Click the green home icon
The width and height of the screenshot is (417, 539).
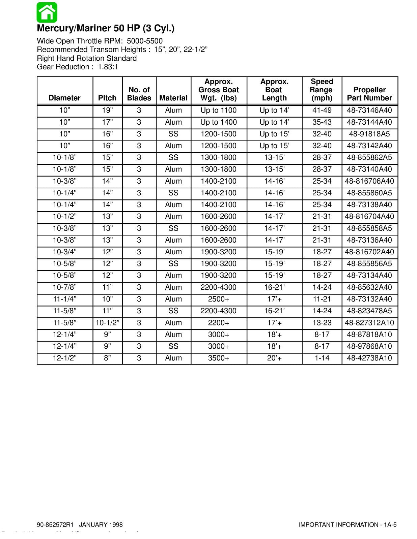click(x=47, y=12)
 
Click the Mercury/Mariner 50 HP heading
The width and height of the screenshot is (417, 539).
click(x=106, y=28)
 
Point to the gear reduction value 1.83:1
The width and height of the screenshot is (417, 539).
click(x=108, y=67)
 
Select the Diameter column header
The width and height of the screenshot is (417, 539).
click(x=64, y=98)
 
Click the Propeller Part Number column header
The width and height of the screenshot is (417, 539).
click(x=369, y=94)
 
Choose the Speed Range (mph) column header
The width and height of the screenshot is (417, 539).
click(x=322, y=90)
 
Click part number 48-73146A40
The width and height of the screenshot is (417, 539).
click(x=369, y=110)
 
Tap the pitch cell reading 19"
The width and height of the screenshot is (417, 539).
click(x=107, y=110)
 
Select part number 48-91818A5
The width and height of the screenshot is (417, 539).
click(x=369, y=134)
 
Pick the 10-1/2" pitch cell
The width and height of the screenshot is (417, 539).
click(x=107, y=323)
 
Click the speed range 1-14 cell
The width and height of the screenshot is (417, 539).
click(x=322, y=358)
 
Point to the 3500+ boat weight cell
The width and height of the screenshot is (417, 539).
click(x=219, y=358)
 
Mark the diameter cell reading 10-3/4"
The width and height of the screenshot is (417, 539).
click(x=64, y=252)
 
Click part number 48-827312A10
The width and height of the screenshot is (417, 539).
click(x=369, y=323)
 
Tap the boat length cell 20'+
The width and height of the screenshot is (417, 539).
click(x=274, y=358)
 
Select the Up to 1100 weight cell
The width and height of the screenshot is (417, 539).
click(x=219, y=110)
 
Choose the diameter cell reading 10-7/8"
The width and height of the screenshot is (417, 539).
click(x=64, y=287)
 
